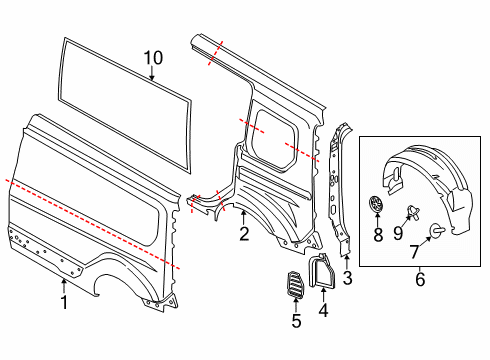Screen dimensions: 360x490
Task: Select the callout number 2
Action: (243, 235)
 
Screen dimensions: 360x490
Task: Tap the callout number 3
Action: (348, 276)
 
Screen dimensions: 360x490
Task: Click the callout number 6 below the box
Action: (419, 281)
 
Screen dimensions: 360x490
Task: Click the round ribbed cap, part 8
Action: (377, 203)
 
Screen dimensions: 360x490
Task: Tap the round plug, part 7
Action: (436, 232)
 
